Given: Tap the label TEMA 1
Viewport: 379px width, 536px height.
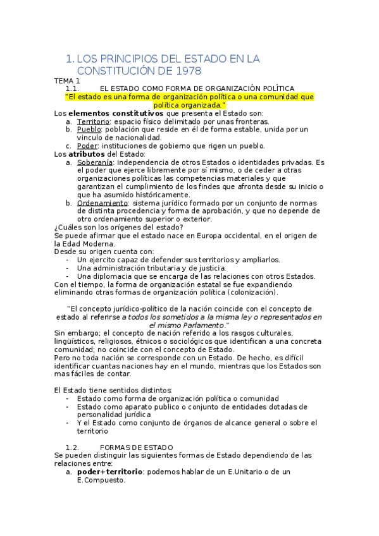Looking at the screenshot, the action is point(67,81).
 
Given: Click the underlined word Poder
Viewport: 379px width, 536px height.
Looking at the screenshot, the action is point(87,145).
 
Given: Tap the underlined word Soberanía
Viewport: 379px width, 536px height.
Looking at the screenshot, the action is point(95,162).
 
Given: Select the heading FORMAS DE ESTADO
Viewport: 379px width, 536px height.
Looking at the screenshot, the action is point(132,448).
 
